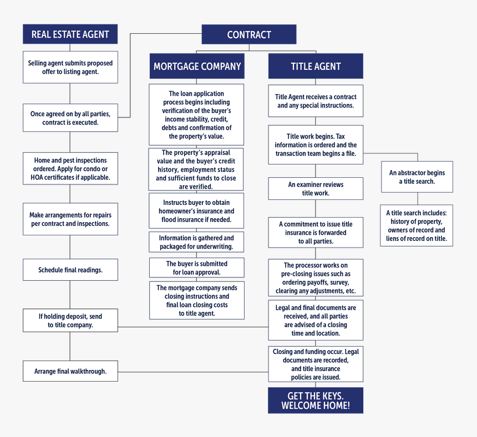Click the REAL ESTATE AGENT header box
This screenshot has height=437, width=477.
tap(70, 34)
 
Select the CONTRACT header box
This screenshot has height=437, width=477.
tap(248, 35)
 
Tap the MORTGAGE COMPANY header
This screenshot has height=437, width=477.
tap(197, 66)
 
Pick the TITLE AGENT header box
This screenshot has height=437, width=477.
tap(316, 66)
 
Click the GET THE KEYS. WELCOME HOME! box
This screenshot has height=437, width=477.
tap(316, 400)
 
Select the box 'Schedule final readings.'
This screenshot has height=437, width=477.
tap(70, 270)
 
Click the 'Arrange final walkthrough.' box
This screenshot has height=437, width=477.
tap(70, 371)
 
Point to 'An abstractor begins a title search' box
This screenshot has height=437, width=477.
tap(417, 177)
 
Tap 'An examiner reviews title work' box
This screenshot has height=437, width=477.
tap(316, 189)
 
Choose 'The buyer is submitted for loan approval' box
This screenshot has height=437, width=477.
tap(197, 268)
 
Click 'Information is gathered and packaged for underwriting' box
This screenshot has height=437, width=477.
tap(197, 243)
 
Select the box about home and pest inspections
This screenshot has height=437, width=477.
tap(70, 169)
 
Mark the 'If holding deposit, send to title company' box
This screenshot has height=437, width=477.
tap(70, 321)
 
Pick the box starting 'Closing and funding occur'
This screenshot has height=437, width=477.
tap(316, 364)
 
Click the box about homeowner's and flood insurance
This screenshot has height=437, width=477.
tap(197, 211)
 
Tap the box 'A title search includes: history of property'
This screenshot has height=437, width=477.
tap(417, 225)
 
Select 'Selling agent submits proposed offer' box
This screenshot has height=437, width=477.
tap(70, 68)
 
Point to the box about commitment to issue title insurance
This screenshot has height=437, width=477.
tap(316, 232)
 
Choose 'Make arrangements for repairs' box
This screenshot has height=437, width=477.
tap(70, 219)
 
